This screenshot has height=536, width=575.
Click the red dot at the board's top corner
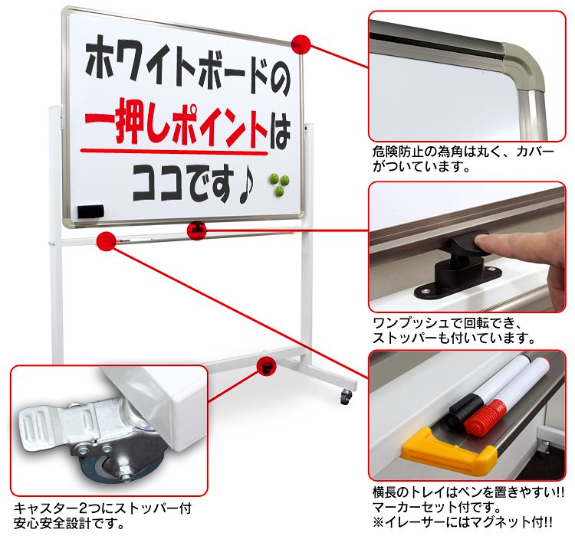(301, 44)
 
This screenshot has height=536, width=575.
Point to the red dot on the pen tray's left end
(107, 240)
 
